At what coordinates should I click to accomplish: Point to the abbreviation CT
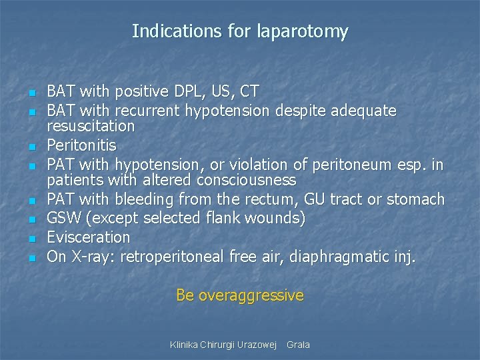click(249, 91)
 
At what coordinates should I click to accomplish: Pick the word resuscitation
click(91, 126)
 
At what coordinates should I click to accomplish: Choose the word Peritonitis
click(81, 145)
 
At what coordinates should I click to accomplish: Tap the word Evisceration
click(89, 237)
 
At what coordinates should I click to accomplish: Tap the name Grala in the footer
click(298, 345)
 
